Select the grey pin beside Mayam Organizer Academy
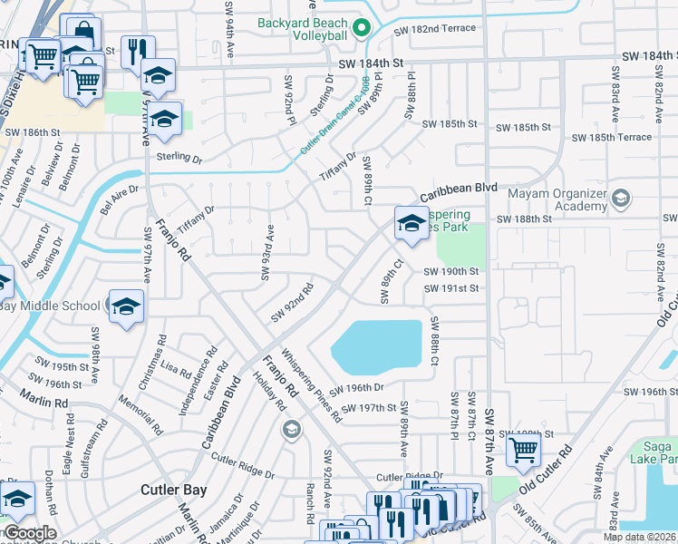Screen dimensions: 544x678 pyautogui.click(x=621, y=198)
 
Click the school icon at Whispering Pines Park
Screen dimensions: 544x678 pyautogui.click(x=411, y=223)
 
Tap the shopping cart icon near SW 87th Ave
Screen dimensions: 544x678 pyautogui.click(x=524, y=450)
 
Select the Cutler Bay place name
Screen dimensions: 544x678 pyautogui.click(x=174, y=490)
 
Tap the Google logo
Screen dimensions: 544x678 pyautogui.click(x=30, y=533)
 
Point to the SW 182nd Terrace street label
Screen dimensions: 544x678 pyautogui.click(x=435, y=30)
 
